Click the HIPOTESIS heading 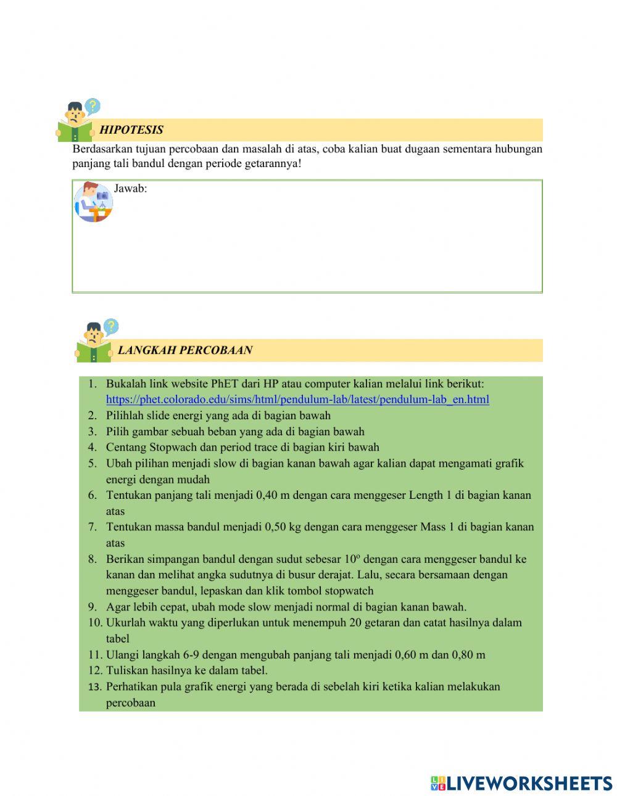point(131,129)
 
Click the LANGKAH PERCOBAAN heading point(184,350)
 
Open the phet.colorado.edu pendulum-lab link point(297,400)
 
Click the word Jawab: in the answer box point(131,189)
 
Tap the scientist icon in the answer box point(94,201)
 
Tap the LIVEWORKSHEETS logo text point(529,783)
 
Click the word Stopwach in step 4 point(173,447)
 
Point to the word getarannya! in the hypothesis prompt point(272,164)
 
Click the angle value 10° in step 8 point(352,559)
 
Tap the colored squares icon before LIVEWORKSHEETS point(438,783)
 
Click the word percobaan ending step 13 point(130,703)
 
